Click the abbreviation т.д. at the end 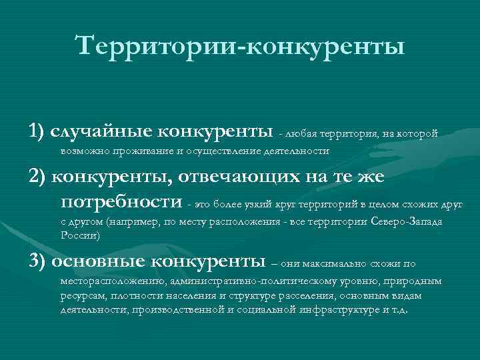point(401,310)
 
